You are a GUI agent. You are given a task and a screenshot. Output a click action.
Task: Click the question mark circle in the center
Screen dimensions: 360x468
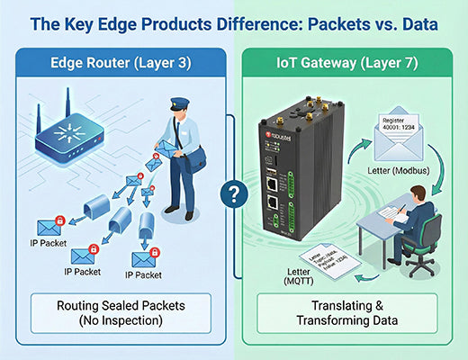(x=234, y=192)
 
